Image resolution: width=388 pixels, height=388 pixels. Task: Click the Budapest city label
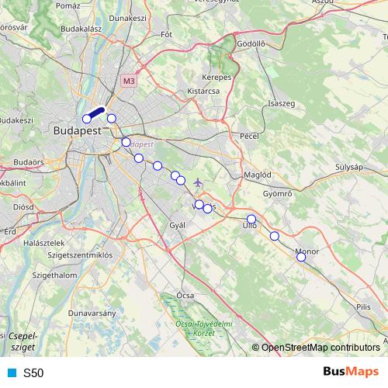(x=77, y=131)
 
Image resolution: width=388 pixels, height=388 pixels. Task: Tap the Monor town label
(x=307, y=251)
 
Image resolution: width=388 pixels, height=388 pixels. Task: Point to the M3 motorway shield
(x=128, y=80)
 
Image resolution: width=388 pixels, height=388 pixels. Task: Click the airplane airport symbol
(x=198, y=182)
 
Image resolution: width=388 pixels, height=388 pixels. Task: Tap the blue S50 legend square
(x=11, y=372)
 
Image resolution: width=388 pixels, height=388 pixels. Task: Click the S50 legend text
(x=33, y=373)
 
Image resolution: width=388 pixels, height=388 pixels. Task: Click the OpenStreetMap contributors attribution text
(x=320, y=347)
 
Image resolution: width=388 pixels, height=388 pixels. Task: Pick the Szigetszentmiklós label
(x=80, y=255)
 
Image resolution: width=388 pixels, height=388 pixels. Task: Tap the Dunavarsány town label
(x=92, y=313)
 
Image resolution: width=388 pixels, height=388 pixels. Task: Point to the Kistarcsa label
(x=203, y=91)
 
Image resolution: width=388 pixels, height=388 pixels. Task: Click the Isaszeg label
(x=280, y=103)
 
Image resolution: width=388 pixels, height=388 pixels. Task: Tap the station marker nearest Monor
(x=301, y=257)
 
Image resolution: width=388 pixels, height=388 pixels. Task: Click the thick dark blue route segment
(x=95, y=114)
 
